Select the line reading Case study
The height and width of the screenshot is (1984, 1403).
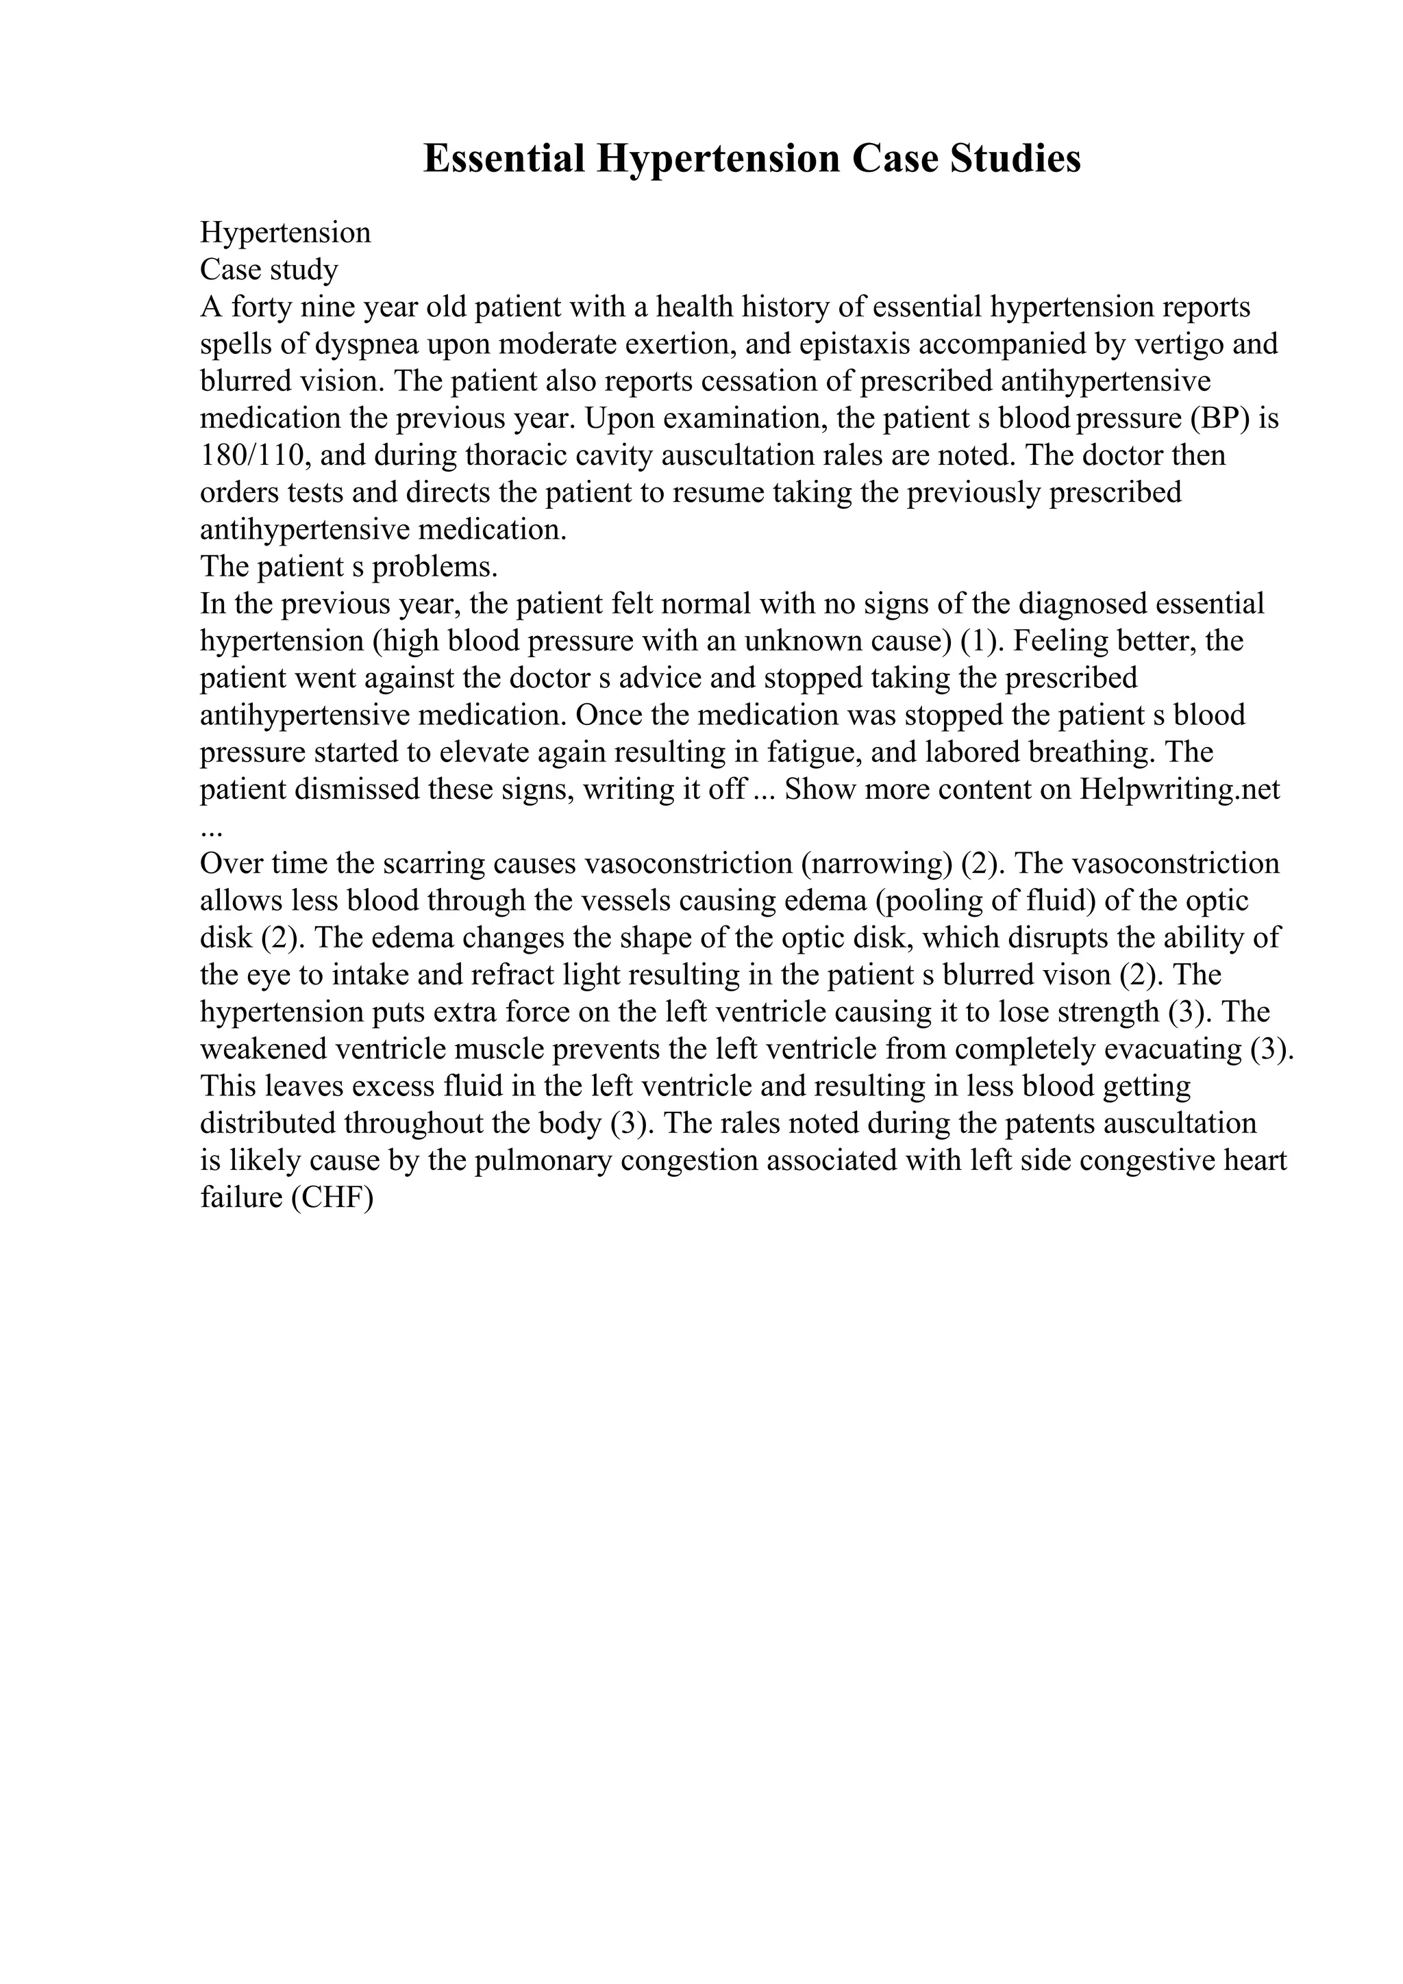coord(269,270)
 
